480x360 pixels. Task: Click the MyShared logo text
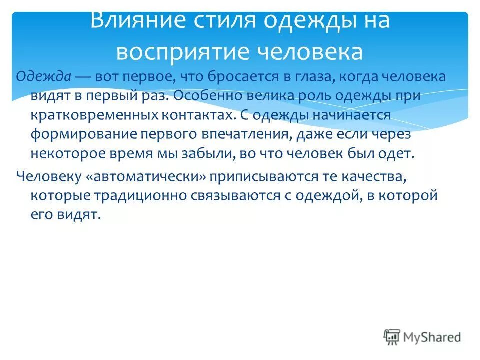(x=432, y=337)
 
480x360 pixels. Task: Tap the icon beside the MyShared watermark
(x=392, y=337)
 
